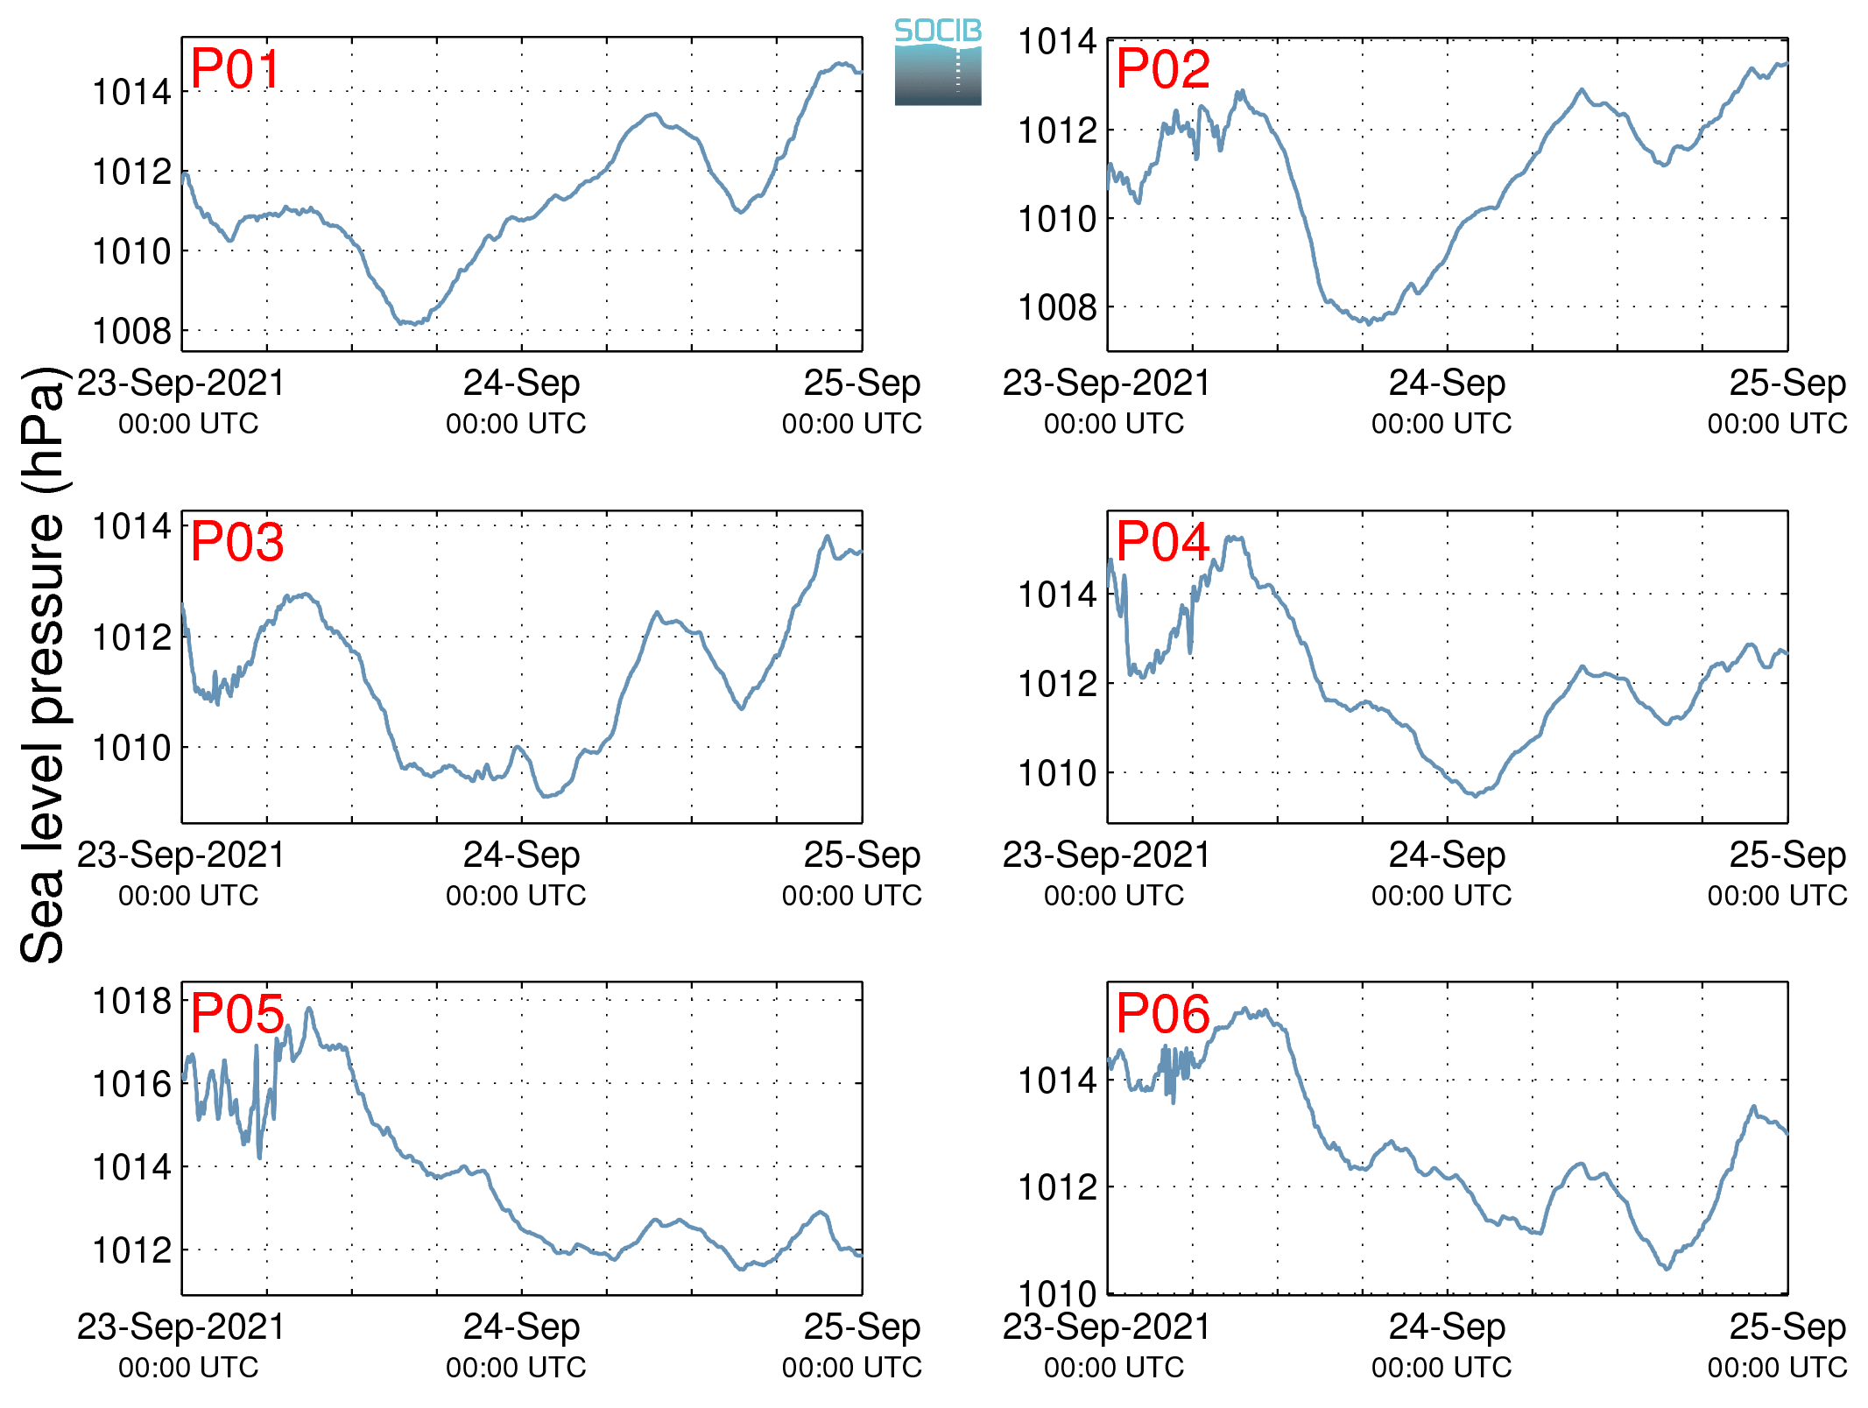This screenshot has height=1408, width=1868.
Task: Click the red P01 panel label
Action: point(235,69)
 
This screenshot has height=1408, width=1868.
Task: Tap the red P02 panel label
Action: point(1163,69)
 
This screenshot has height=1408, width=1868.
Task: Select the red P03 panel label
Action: point(236,542)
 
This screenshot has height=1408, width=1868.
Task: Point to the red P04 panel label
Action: point(1163,542)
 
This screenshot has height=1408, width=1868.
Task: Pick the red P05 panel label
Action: point(236,1014)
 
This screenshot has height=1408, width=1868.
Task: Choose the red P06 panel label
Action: point(1163,1014)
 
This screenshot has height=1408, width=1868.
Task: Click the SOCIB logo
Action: point(938,62)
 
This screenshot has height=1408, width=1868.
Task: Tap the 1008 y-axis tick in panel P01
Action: point(132,332)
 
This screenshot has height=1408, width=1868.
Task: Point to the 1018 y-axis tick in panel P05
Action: point(132,1001)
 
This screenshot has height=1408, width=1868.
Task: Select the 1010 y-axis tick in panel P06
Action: point(1057,1294)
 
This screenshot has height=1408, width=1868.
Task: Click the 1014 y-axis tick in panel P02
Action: point(1057,42)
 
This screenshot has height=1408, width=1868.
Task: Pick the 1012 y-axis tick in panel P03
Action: point(132,637)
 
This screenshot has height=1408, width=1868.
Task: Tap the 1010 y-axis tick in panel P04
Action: point(1057,774)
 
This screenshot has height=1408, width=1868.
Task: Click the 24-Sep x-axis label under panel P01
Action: point(521,384)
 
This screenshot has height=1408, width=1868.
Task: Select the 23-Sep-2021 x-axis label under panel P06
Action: point(1106,1327)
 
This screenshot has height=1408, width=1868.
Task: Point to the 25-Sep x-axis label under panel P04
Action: point(1787,855)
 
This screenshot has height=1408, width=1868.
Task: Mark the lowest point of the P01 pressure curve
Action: point(405,324)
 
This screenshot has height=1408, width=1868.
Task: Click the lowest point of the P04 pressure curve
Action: point(1476,796)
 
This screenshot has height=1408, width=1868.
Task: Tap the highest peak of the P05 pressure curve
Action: point(308,1009)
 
